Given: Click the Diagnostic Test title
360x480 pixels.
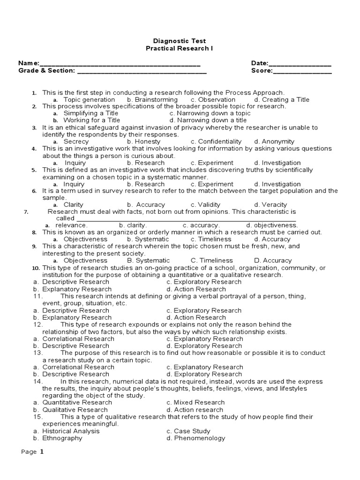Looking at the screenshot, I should (x=180, y=41).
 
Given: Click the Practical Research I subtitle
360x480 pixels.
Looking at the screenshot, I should (x=180, y=49).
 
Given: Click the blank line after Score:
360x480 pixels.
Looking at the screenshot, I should (x=302, y=73).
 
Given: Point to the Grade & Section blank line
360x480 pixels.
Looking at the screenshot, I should (x=142, y=73).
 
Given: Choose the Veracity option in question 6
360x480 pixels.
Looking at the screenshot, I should (x=270, y=205).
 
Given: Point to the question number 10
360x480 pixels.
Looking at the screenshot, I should (x=36, y=268).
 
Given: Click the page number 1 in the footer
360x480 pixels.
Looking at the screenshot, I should (x=42, y=452).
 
